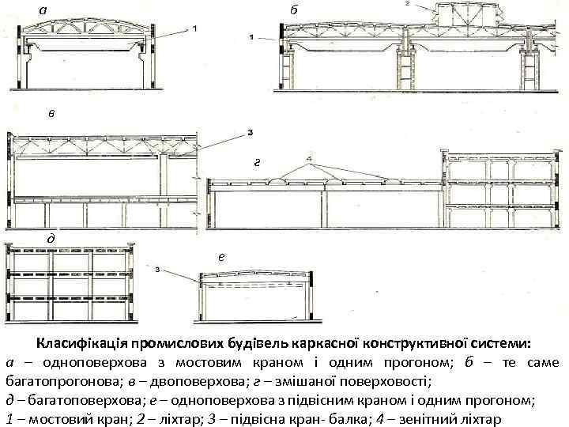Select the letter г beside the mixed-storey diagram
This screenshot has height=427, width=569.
point(257,164)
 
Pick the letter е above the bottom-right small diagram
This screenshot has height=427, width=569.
point(221,256)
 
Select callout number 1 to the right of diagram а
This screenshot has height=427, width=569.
point(194,29)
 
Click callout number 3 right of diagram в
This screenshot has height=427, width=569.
point(251,133)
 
